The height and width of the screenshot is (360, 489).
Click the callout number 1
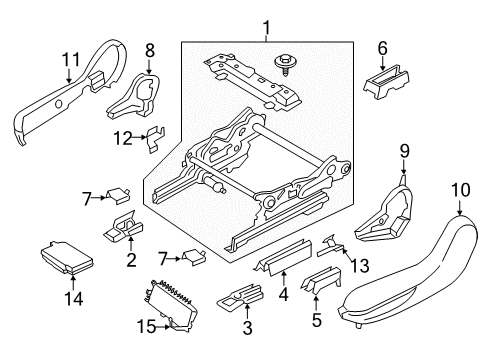[268, 26]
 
